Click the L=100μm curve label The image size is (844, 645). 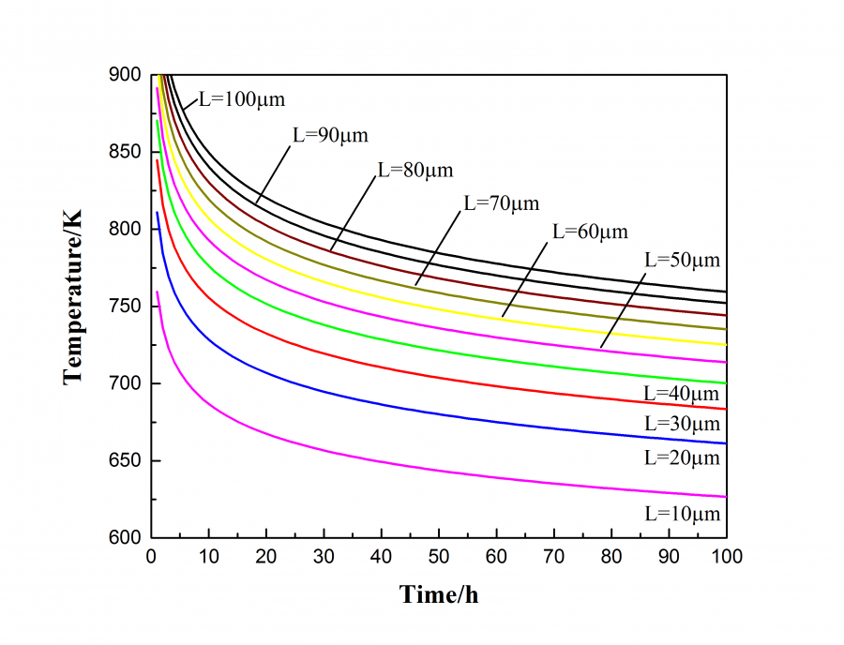coord(241,97)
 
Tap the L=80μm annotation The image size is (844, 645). coord(414,171)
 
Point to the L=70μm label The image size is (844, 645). coord(502,202)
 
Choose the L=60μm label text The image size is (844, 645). coord(590,231)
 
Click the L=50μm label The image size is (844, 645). coord(682,260)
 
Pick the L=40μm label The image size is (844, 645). coord(682,393)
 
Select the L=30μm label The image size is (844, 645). coord(682,425)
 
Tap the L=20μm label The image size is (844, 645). coord(682,457)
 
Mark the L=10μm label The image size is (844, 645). coord(682,513)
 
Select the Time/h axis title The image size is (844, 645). coord(440,594)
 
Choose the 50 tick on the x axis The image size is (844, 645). coord(439,557)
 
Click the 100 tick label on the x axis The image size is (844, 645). coord(726,557)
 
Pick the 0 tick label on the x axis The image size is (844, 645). coord(152,557)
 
